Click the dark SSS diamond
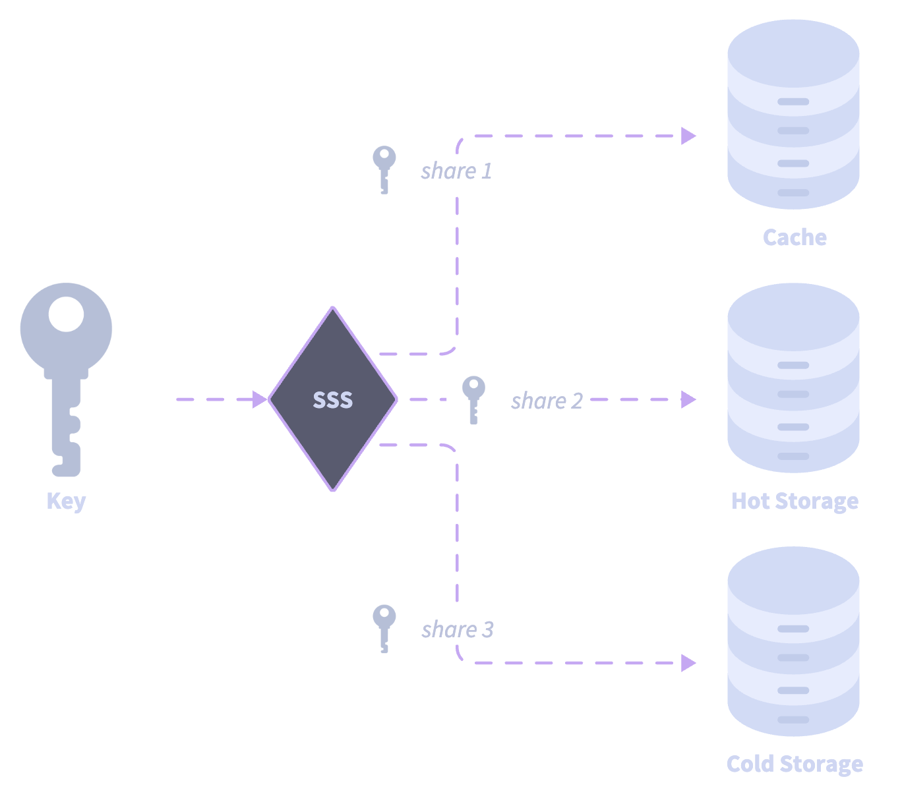point(333,399)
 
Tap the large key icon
point(66,369)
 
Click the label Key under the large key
point(66,502)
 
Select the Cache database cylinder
point(793,115)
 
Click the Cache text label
point(795,237)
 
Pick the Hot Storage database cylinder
point(793,379)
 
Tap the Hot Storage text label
point(795,501)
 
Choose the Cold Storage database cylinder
point(793,643)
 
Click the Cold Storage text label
point(795,764)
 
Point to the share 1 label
point(456,171)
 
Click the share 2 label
point(547,401)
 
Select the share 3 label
point(457,629)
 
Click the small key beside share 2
point(473,399)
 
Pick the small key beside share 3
point(384,628)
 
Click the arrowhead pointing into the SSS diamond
point(260,399)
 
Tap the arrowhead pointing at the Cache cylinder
point(688,136)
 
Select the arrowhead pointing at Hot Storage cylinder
point(688,399)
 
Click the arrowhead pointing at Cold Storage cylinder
point(688,663)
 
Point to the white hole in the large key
point(66,314)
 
